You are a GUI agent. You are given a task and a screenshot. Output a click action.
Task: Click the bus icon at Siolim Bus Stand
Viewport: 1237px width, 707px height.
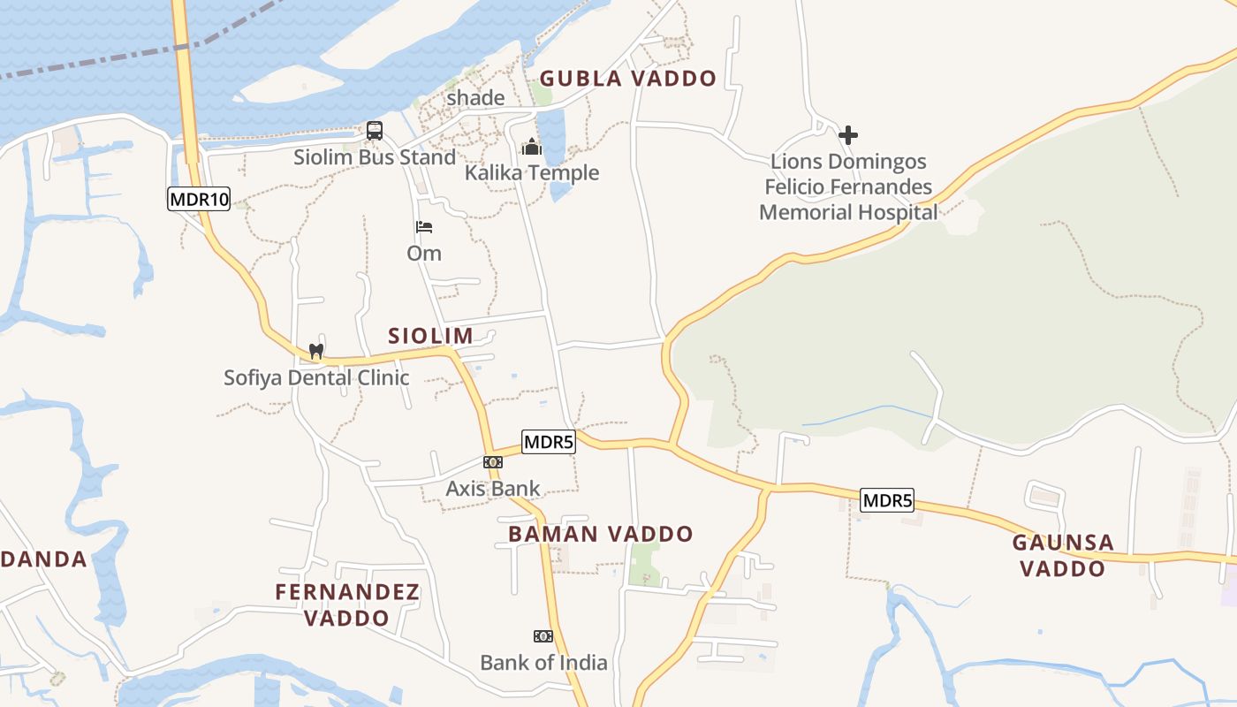pyautogui.click(x=375, y=131)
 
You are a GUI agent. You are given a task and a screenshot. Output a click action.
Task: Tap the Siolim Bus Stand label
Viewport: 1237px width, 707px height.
pyautogui.click(x=375, y=157)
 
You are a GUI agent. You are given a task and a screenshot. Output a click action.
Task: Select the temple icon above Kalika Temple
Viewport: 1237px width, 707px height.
pyautogui.click(x=531, y=146)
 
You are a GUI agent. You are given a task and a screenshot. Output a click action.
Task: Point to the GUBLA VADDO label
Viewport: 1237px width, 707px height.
pyautogui.click(x=628, y=79)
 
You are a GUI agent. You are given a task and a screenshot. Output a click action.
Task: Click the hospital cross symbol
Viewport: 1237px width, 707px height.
pyautogui.click(x=848, y=135)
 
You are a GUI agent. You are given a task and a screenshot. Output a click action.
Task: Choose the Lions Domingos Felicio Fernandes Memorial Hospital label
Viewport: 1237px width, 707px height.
pyautogui.click(x=848, y=186)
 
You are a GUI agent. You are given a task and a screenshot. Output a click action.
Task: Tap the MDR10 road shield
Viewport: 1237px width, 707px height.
pyautogui.click(x=199, y=199)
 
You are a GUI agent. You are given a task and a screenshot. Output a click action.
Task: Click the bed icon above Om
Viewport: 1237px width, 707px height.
pyautogui.click(x=424, y=227)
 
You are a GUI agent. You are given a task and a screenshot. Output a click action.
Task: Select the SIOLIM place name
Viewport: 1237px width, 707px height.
pyautogui.click(x=430, y=336)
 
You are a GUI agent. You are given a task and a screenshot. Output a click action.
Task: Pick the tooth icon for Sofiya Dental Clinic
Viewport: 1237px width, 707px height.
pyautogui.click(x=315, y=351)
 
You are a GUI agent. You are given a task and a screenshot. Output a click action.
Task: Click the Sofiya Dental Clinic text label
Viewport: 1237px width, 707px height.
pyautogui.click(x=316, y=377)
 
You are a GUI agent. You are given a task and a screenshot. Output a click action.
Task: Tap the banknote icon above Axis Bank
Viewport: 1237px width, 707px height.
pyautogui.click(x=493, y=462)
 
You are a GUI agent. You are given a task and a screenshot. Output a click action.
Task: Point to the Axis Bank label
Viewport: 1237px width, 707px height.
pyautogui.click(x=493, y=489)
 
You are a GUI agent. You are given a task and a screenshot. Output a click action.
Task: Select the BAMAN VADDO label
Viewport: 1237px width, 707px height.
pyautogui.click(x=601, y=534)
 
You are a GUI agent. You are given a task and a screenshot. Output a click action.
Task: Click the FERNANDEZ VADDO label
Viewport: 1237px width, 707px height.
pyautogui.click(x=347, y=604)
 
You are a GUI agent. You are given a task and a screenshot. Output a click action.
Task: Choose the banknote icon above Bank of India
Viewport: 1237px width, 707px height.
pyautogui.click(x=543, y=636)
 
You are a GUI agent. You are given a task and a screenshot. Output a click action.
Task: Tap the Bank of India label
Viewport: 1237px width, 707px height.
pyautogui.click(x=543, y=662)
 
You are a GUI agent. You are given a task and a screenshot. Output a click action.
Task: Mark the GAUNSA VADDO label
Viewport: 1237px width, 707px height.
pyautogui.click(x=1063, y=555)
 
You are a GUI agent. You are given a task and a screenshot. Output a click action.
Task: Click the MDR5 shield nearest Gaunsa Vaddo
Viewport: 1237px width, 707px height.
pyautogui.click(x=887, y=501)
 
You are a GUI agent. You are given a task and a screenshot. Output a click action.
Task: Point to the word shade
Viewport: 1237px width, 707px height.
pyautogui.click(x=475, y=97)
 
